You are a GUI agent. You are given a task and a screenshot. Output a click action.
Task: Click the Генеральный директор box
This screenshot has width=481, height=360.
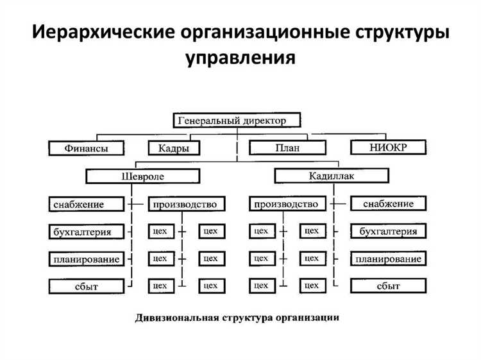(x=237, y=120)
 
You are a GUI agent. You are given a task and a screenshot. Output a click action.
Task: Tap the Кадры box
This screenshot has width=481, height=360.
(x=173, y=148)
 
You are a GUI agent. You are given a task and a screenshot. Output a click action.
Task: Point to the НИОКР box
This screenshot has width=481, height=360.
(x=389, y=148)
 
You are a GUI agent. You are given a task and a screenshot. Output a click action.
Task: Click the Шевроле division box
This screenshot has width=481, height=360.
(x=142, y=176)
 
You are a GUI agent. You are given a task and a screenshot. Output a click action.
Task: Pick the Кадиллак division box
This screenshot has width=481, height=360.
(x=331, y=175)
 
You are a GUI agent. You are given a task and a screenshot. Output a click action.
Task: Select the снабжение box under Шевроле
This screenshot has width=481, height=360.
(x=86, y=205)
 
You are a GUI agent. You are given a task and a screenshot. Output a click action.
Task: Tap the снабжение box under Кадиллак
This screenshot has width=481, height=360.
(x=389, y=204)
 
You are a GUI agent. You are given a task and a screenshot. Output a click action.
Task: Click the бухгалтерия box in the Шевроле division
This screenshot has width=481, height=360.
(x=86, y=232)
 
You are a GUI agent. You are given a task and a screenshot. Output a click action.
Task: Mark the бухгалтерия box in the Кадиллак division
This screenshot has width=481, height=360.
(x=389, y=232)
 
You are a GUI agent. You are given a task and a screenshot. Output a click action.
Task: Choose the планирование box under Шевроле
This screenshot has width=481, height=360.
(x=86, y=259)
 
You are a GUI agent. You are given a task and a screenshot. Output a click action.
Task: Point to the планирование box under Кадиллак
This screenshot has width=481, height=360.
(x=389, y=259)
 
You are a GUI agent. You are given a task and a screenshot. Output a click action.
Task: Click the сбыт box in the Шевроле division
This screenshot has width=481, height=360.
(x=86, y=286)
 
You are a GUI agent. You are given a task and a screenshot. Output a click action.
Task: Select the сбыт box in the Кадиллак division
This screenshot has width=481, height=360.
(x=389, y=286)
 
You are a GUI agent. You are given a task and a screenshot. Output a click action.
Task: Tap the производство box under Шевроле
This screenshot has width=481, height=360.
(x=187, y=205)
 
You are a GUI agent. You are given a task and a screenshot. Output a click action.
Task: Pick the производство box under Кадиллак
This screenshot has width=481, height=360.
(x=286, y=204)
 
